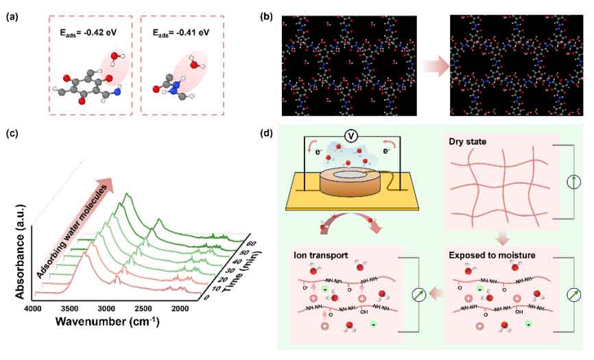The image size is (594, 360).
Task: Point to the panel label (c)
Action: pyautogui.click(x=11, y=135)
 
